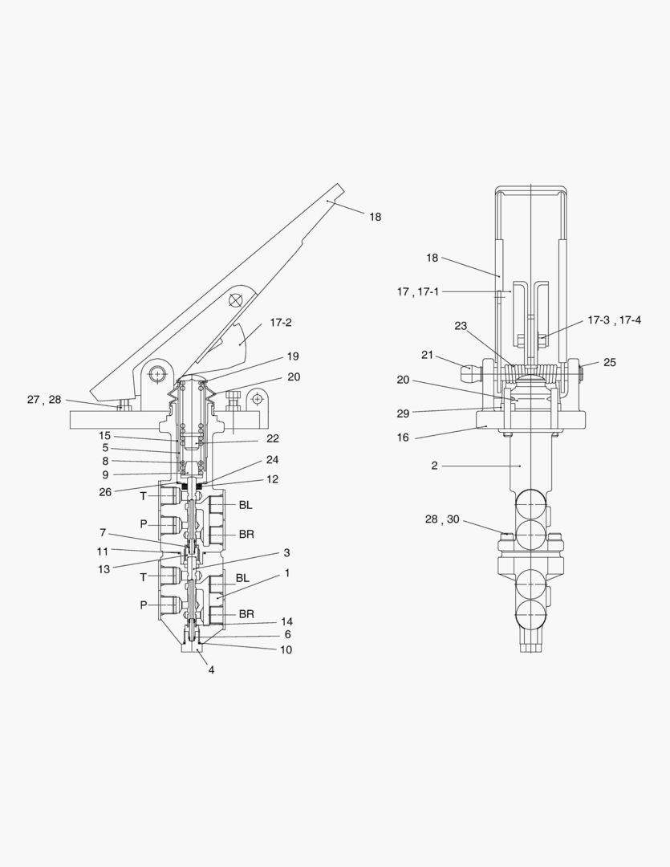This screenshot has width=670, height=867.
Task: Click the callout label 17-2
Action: [x=280, y=323]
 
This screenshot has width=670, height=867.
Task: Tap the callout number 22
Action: [x=272, y=438]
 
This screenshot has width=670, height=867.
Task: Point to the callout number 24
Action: [x=272, y=460]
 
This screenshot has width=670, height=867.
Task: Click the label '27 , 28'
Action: [x=44, y=399]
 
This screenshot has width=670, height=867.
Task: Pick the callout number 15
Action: [x=105, y=436]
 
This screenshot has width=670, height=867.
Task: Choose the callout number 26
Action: [x=105, y=492]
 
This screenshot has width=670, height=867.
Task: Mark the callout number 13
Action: [x=103, y=568]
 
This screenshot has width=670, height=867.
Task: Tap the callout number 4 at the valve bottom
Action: [x=212, y=669]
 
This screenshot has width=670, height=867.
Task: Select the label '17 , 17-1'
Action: [x=418, y=292]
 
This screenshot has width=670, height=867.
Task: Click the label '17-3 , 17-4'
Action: [x=614, y=320]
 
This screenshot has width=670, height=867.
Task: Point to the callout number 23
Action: [x=461, y=326]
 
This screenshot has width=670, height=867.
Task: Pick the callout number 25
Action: [x=610, y=363]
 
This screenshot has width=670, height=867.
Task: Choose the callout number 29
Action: [x=403, y=413]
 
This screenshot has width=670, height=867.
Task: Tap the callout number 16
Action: [x=403, y=438]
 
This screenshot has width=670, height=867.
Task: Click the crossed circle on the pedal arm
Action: [x=235, y=299]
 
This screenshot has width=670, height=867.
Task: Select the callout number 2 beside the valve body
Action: [x=434, y=466]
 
